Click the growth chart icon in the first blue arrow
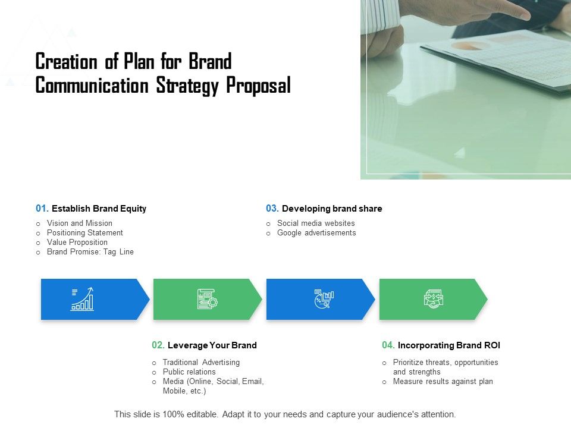point(83,299)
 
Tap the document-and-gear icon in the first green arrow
point(208,299)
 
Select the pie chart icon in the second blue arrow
point(323,299)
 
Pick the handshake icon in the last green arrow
point(434,299)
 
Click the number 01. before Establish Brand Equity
point(42,209)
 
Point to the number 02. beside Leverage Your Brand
point(158,345)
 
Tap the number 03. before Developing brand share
point(272,209)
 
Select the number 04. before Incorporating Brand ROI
point(388,345)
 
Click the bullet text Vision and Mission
point(80,224)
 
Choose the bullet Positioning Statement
point(85,233)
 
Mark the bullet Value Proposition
point(77,243)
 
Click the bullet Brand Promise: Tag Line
point(90,252)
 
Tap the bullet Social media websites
point(316,224)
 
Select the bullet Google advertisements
point(316,233)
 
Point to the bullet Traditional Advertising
point(201,362)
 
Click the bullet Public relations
point(189,372)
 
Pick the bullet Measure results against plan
point(443,382)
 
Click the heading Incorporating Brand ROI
point(449,345)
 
